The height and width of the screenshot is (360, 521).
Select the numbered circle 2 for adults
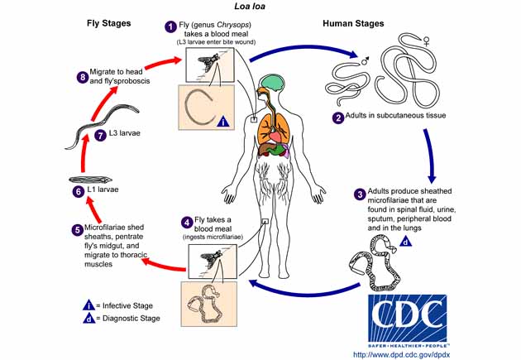337,117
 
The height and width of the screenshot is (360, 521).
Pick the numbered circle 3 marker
360,194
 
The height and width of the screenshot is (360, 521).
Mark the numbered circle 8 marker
81,77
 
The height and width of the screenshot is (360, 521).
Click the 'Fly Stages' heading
108,24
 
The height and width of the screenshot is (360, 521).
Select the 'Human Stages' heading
352,24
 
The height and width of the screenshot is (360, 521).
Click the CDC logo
407,319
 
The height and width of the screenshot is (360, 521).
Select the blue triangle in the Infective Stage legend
88,303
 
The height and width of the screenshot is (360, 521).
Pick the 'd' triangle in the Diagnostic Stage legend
88,318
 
